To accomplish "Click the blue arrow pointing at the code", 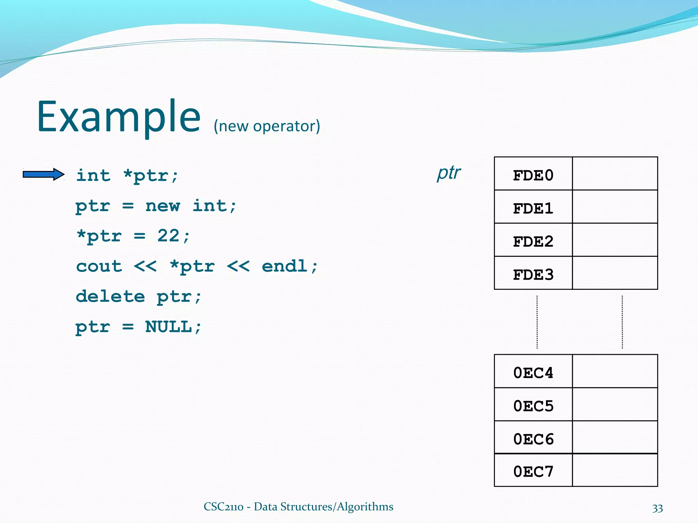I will [x=43, y=174].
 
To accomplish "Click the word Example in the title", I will [x=119, y=116].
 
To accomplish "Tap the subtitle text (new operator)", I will [x=267, y=126].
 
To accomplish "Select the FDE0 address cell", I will [x=533, y=175].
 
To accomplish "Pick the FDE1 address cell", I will [x=533, y=208].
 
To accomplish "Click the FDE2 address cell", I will [x=533, y=241].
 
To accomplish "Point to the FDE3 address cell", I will [x=533, y=274].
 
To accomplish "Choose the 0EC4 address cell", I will [x=533, y=373].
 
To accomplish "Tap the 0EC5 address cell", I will [x=533, y=406].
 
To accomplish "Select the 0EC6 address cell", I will [x=533, y=439].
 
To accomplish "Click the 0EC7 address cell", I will [x=533, y=471].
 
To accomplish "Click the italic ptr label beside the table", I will [x=449, y=173].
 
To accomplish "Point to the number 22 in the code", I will [x=168, y=236].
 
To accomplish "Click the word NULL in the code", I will [x=168, y=327].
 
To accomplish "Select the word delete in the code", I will [x=110, y=296].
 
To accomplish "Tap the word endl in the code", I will [x=285, y=266].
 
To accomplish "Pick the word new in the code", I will [x=163, y=206].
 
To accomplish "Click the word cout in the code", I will [x=99, y=266].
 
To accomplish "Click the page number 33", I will [x=657, y=508].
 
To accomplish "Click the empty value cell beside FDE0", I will [x=615, y=174].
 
